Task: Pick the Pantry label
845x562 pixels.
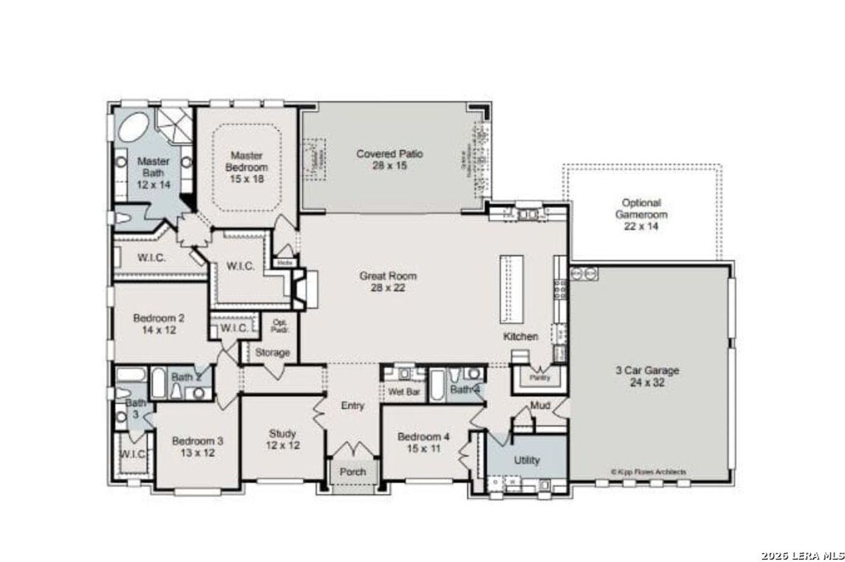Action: coord(540,378)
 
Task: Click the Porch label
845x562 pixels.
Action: coord(353,472)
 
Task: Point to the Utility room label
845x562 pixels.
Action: coord(526,460)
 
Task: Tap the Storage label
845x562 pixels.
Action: coord(272,353)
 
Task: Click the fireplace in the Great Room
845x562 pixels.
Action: coord(302,288)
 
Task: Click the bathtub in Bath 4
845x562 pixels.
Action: coord(438,386)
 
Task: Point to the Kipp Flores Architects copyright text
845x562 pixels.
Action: coord(648,472)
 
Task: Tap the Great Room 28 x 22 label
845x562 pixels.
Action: coord(388,281)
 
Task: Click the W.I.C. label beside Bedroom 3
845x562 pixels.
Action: coord(132,454)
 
